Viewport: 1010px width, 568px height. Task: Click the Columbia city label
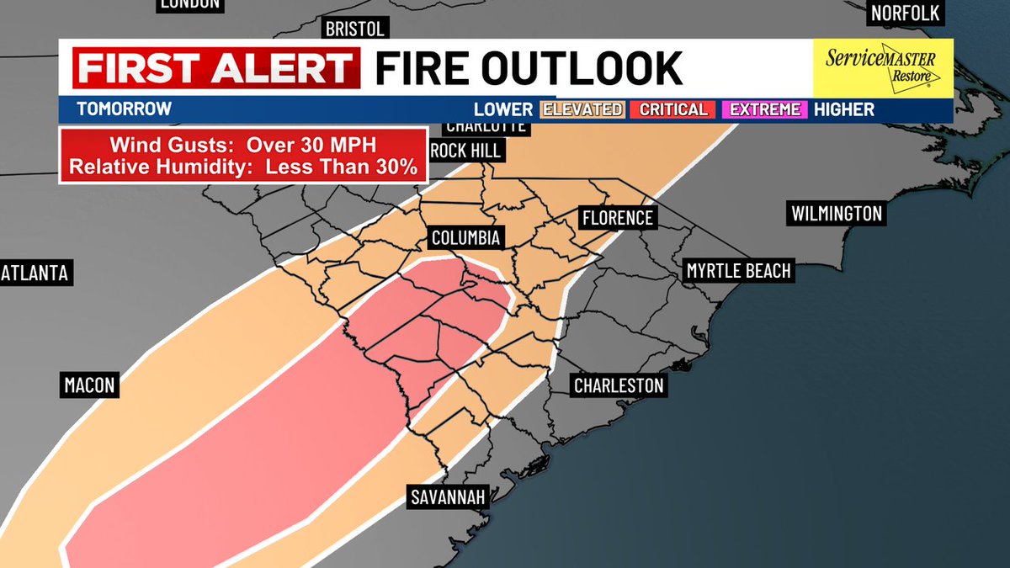point(465,238)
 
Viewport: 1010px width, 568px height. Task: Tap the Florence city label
point(617,218)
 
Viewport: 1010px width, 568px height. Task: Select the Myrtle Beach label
point(738,271)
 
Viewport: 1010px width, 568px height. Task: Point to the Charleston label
point(619,386)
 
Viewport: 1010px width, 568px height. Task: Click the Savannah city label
point(448,497)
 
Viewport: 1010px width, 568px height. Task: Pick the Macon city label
point(88,386)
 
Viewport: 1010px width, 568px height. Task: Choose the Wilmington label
point(837,214)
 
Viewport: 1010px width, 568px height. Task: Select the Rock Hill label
point(465,151)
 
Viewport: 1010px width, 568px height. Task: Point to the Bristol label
point(354,29)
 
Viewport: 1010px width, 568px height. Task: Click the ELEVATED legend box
point(582,109)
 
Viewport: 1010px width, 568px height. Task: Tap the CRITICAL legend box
point(673,109)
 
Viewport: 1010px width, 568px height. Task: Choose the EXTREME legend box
point(765,109)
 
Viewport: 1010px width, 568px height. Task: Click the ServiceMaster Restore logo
point(883,66)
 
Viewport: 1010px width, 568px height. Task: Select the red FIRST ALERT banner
point(216,68)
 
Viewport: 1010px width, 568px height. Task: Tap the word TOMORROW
point(124,109)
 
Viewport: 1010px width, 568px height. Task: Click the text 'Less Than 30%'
point(341,167)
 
